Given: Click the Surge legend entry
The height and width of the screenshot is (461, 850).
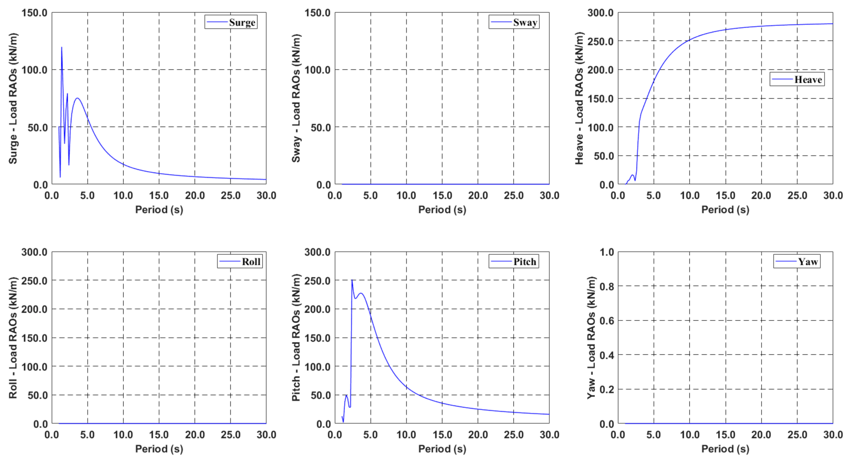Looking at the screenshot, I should click(231, 22).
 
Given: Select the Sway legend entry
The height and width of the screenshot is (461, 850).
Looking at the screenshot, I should click(514, 22).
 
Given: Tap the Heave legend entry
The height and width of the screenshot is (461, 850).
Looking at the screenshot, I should click(797, 79).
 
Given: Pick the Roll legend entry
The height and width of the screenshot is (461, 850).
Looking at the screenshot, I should click(240, 261).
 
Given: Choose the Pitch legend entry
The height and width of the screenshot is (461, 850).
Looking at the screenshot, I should click(514, 261).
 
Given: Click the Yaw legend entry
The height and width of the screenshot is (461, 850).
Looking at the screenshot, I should click(797, 261).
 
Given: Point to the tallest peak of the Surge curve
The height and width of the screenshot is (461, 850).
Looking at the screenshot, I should click(61, 47).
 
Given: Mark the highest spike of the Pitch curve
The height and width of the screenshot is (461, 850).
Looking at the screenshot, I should click(352, 280).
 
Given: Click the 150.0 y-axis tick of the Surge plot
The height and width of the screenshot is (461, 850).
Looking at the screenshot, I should click(34, 13).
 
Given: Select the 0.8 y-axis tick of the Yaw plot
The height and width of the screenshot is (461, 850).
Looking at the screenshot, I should click(606, 286).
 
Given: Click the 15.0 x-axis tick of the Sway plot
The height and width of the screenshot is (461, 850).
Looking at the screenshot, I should click(442, 195).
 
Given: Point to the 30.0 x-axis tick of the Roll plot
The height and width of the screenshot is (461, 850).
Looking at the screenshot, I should click(266, 435).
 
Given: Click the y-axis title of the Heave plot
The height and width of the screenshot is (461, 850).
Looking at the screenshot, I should click(579, 98).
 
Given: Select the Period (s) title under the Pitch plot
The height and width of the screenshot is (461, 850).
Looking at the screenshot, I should click(442, 449).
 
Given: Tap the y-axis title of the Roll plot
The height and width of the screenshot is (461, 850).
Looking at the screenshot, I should click(13, 338).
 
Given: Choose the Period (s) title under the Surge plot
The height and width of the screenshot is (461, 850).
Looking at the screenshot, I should click(159, 209).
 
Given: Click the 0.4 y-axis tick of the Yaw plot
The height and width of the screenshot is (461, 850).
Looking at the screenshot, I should click(606, 355).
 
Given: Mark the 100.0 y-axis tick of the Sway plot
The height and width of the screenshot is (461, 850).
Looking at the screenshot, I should click(317, 70).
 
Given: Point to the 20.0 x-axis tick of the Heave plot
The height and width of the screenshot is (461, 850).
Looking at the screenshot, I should click(761, 195).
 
